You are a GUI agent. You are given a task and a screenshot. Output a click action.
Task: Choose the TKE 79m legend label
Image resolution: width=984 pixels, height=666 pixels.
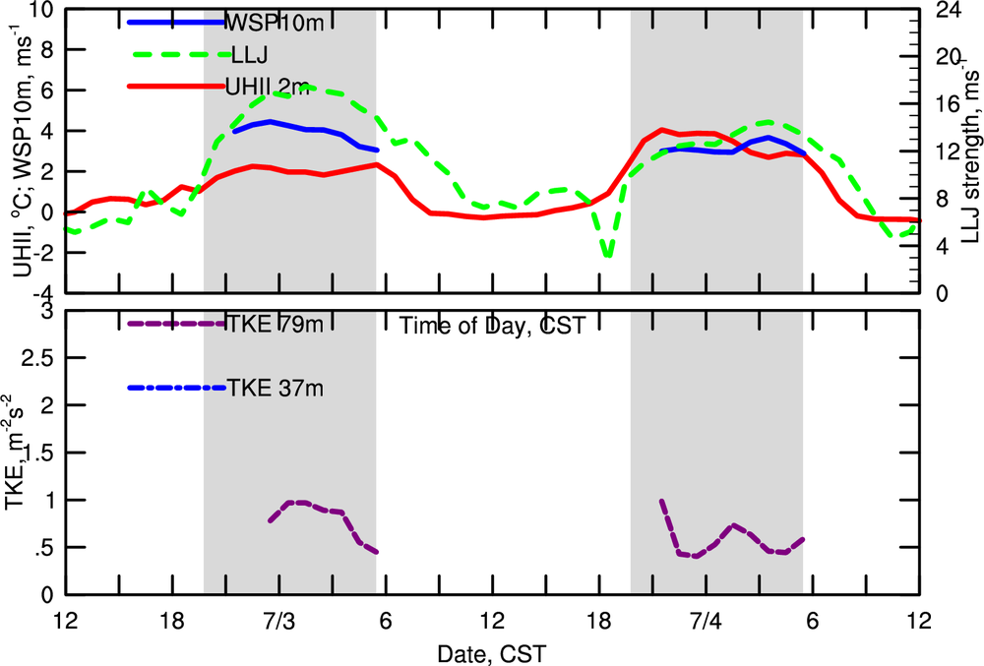271,324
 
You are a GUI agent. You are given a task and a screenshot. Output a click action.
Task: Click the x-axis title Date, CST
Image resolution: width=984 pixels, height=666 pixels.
492,652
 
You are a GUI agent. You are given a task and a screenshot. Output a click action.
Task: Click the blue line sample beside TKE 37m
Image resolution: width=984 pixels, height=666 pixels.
177,388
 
